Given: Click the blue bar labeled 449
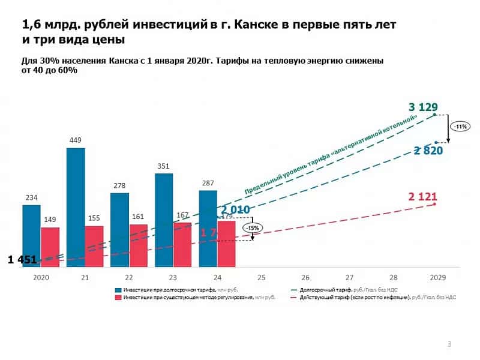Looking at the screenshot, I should [x=76, y=207].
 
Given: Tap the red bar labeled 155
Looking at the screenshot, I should [x=94, y=246].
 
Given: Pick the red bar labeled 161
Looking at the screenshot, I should [x=139, y=245].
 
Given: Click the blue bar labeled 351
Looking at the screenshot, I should [x=164, y=220].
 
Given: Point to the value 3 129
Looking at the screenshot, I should [x=423, y=107].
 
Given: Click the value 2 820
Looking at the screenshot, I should [x=428, y=151].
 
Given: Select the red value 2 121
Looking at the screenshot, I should [x=423, y=196].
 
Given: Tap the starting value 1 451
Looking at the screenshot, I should [x=22, y=260].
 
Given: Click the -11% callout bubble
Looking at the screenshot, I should [x=461, y=127].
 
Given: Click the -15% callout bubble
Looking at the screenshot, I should [x=252, y=228].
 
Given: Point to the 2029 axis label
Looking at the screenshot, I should [x=437, y=278].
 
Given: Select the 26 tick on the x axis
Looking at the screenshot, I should [x=305, y=278].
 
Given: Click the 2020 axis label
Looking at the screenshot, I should [x=40, y=278].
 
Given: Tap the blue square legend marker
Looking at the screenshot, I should [x=118, y=290].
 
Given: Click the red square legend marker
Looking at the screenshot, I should [x=118, y=297].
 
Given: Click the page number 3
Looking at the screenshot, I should [x=449, y=344].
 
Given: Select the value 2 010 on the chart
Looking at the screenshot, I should [x=235, y=210].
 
